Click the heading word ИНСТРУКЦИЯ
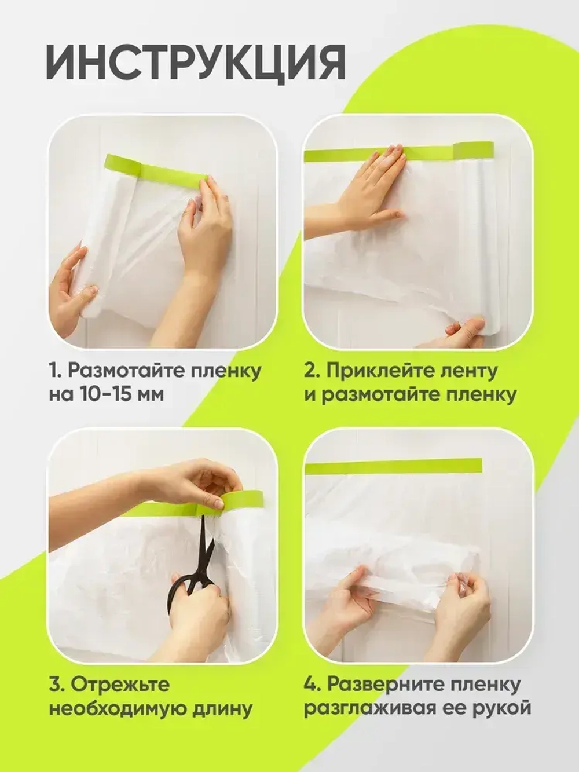click(196, 64)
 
